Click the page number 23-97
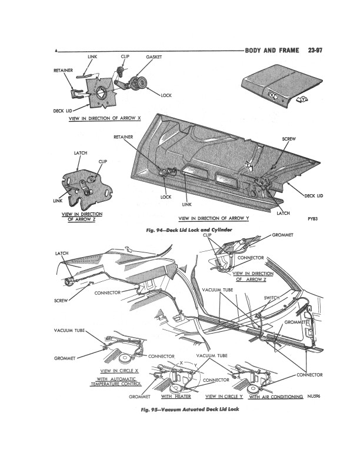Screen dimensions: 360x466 click(x=315, y=50)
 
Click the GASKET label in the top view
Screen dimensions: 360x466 click(x=154, y=57)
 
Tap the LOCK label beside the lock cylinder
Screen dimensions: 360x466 click(x=166, y=95)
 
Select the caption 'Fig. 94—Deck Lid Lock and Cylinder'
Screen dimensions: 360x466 click(x=189, y=229)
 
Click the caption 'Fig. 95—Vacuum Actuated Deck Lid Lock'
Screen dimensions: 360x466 click(x=190, y=410)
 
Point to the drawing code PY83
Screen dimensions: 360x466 click(x=312, y=219)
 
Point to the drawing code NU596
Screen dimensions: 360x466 click(x=314, y=396)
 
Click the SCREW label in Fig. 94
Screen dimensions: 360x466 click(x=289, y=139)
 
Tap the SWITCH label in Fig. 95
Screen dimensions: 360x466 click(x=272, y=298)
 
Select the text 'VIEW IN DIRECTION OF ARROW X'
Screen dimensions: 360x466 click(x=105, y=118)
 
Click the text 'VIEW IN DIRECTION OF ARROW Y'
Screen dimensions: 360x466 click(x=214, y=218)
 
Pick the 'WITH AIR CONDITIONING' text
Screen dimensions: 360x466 click(x=276, y=397)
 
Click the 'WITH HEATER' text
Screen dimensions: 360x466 click(x=176, y=397)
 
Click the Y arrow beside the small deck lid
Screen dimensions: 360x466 click(x=302, y=100)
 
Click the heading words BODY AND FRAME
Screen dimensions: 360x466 click(x=272, y=50)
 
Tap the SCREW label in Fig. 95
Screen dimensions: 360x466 click(x=61, y=301)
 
